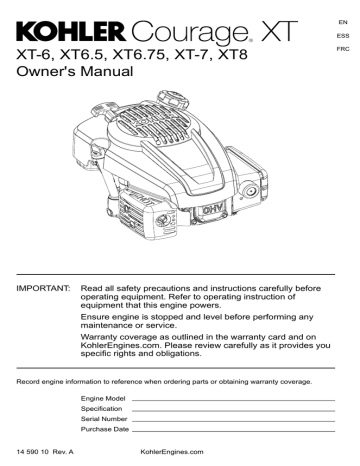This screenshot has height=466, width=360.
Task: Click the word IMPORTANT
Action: (x=36, y=287)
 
